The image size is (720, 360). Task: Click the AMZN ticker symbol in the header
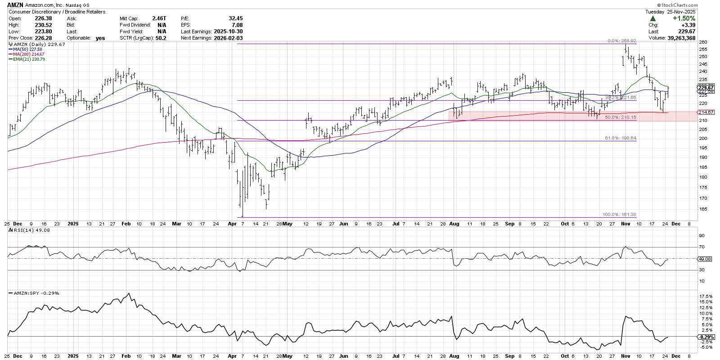16,5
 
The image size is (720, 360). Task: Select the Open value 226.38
43,18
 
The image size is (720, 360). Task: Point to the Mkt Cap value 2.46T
159,18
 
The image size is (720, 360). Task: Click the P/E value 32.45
235,18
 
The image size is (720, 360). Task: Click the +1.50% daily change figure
684,18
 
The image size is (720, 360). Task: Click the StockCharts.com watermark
679,5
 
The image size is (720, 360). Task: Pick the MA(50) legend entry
27,49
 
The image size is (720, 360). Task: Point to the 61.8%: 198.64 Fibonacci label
620,138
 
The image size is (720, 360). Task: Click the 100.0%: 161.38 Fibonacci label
619,215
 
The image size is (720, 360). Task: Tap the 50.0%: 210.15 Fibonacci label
620,117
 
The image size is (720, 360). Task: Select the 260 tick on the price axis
703,42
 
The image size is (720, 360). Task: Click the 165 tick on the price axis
703,209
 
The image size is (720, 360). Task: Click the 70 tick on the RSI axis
702,247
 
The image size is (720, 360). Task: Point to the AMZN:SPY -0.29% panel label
36,293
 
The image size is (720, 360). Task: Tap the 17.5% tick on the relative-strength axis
706,296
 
